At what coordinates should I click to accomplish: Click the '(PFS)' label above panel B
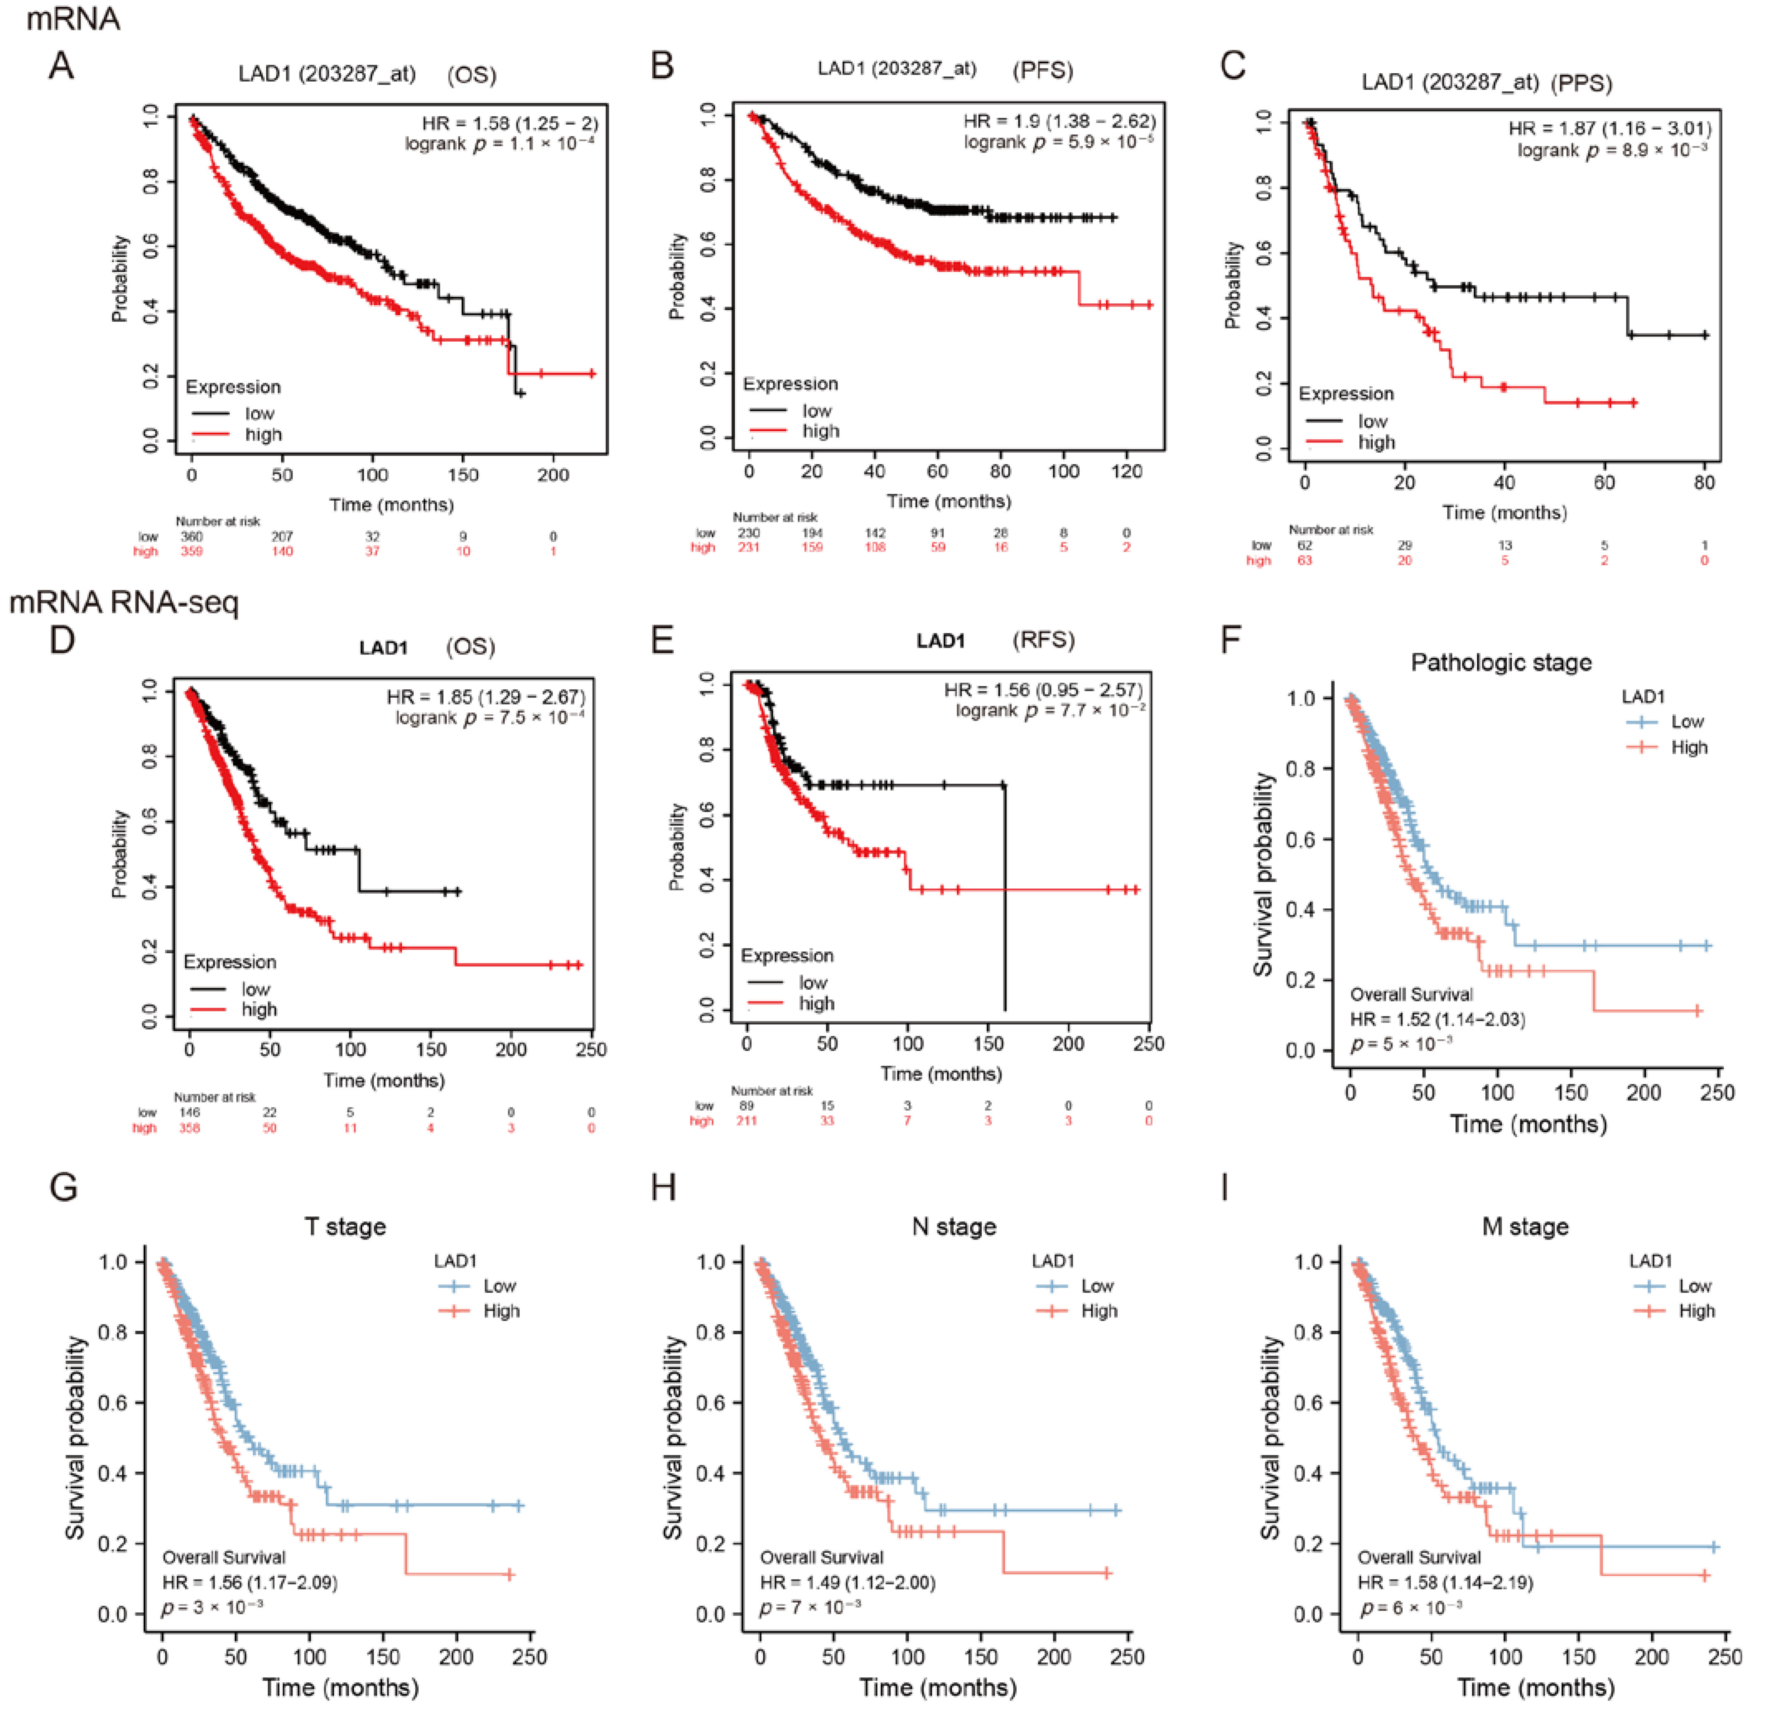1043,70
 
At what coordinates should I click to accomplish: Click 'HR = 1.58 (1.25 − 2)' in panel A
510,123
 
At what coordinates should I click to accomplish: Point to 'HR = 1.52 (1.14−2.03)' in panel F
1437,1020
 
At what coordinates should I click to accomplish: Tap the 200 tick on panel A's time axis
553,475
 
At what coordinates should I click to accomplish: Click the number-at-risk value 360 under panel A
191,536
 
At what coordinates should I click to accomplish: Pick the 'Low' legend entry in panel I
1695,1286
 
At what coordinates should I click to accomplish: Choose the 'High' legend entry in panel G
501,1311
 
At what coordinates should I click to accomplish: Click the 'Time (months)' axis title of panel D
384,1080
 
